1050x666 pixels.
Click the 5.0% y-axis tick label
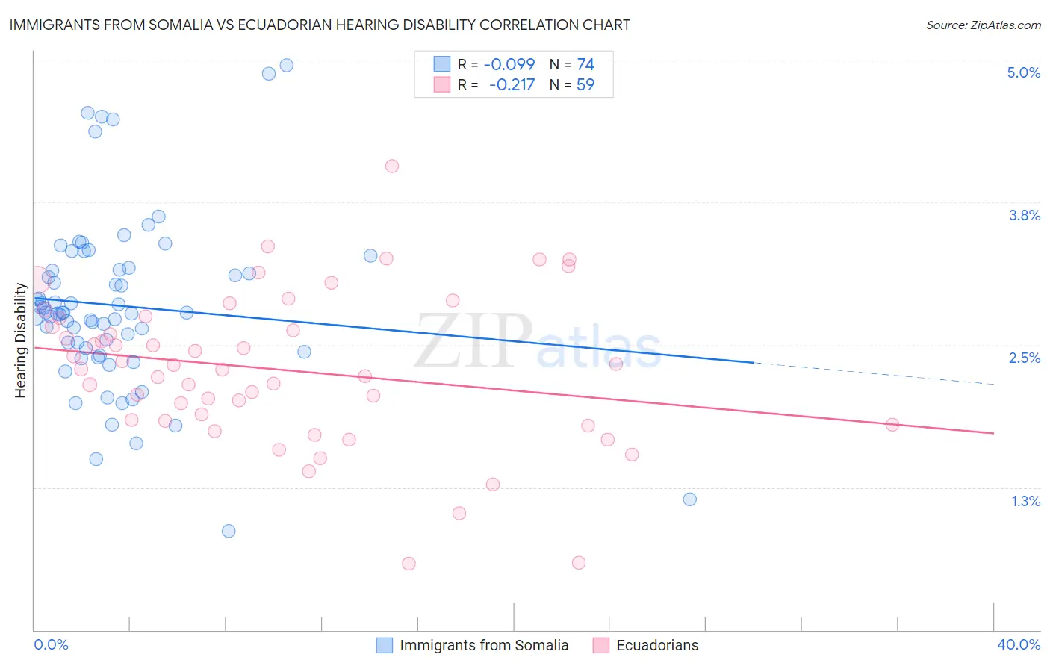point(1023,72)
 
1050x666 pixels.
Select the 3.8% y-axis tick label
point(1024,215)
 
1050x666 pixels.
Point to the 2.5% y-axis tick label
point(1024,358)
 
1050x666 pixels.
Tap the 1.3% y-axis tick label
point(1025,501)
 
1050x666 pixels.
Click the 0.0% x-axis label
point(51,644)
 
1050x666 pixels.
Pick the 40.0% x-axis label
point(1018,644)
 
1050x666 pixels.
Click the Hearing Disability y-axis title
point(21,340)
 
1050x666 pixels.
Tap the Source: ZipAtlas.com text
point(983,25)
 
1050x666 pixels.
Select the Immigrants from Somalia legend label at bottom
point(484,645)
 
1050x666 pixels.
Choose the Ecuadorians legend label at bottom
point(657,645)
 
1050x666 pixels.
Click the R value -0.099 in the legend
point(509,65)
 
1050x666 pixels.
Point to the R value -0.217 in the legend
point(512,85)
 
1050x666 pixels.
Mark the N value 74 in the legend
point(585,65)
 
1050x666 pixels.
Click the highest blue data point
point(286,65)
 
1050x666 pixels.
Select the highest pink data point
point(391,166)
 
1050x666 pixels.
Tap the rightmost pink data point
point(892,424)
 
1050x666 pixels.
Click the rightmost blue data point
point(689,499)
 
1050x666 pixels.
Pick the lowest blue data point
point(229,531)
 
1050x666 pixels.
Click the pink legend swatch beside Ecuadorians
point(600,645)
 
